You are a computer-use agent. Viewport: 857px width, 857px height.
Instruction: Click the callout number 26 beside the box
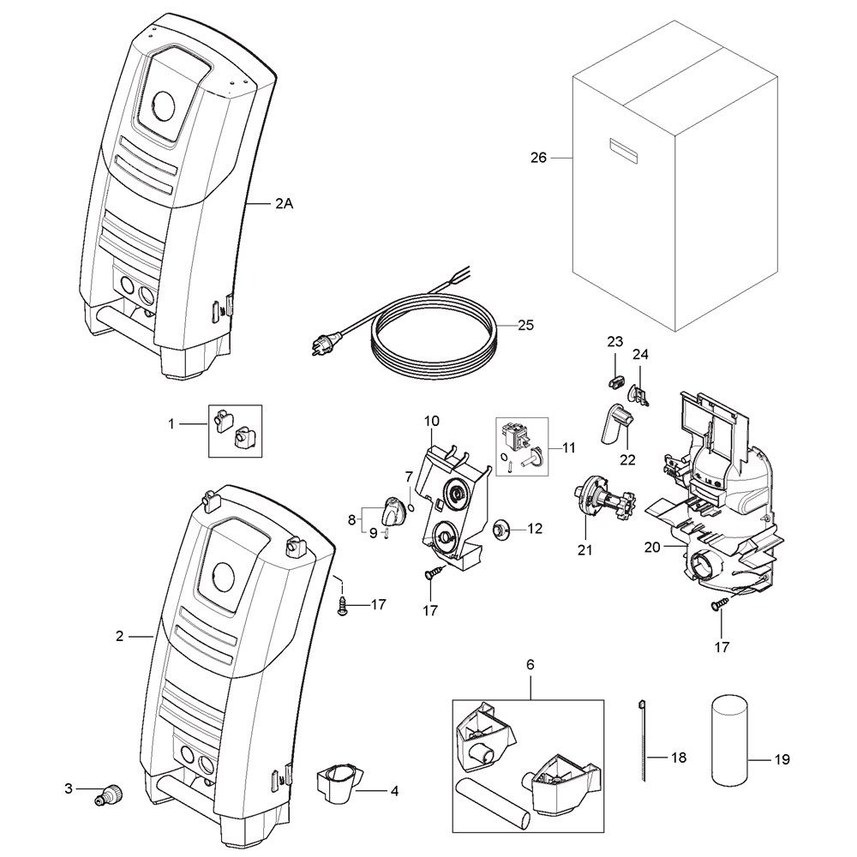[538, 158]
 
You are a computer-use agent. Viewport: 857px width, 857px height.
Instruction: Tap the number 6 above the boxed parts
[530, 664]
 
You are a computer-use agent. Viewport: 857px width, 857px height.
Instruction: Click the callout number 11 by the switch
[568, 447]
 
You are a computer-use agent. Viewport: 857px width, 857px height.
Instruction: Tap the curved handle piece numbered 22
[616, 424]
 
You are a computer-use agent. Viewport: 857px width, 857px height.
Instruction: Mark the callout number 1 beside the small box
[172, 423]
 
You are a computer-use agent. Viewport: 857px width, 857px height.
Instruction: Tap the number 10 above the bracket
[432, 421]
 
